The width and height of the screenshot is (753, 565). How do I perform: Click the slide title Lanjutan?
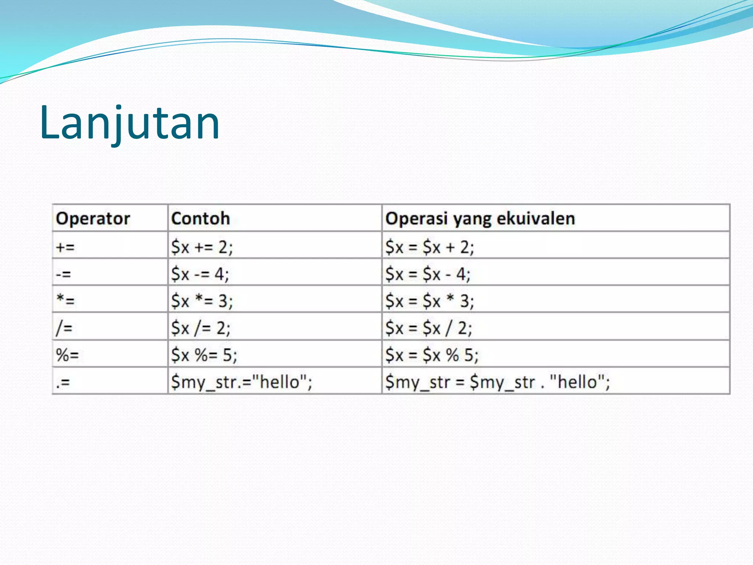tap(129, 123)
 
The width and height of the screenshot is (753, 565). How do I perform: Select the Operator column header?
tap(93, 218)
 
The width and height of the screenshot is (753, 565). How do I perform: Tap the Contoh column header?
tap(200, 218)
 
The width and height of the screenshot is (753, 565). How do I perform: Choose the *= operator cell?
tap(65, 301)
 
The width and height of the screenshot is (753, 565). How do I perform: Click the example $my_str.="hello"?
tap(242, 382)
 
